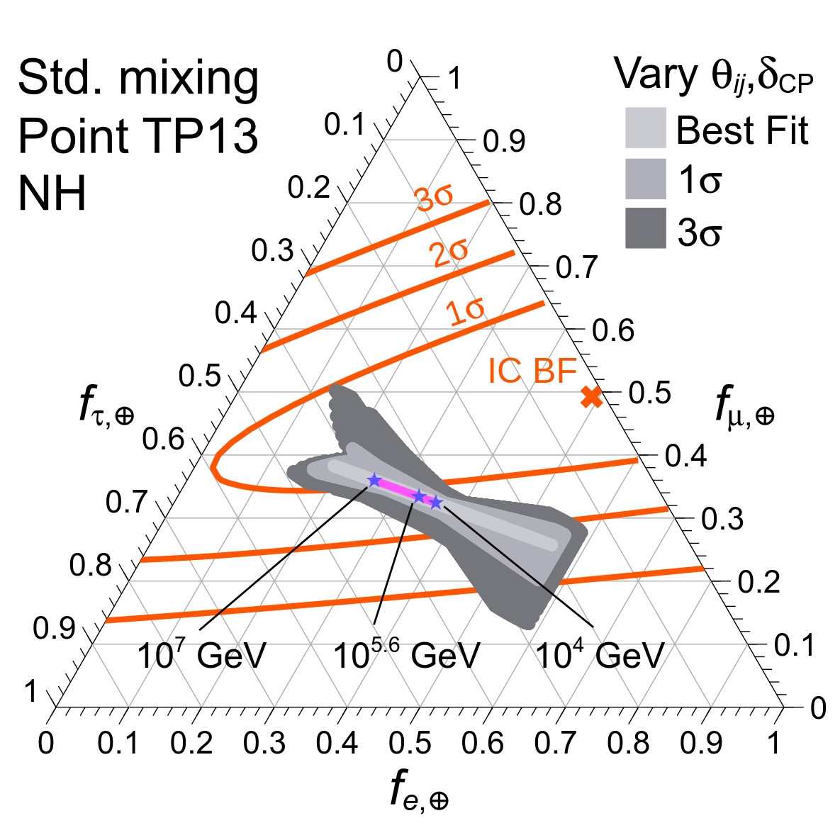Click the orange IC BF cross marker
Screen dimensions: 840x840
[591, 397]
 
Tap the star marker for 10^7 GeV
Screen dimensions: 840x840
[374, 480]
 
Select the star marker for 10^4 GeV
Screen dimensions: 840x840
[437, 503]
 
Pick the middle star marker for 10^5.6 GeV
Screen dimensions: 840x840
[419, 496]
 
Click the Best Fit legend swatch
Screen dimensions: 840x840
[645, 128]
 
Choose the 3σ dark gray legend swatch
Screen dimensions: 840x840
[645, 228]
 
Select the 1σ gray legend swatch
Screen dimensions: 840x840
[645, 179]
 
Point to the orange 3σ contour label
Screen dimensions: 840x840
[435, 198]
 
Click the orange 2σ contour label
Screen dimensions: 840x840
[449, 253]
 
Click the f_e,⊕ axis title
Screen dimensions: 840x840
[419, 790]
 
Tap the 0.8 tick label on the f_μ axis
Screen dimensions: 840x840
[540, 205]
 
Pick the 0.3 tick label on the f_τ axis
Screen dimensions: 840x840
[272, 251]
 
